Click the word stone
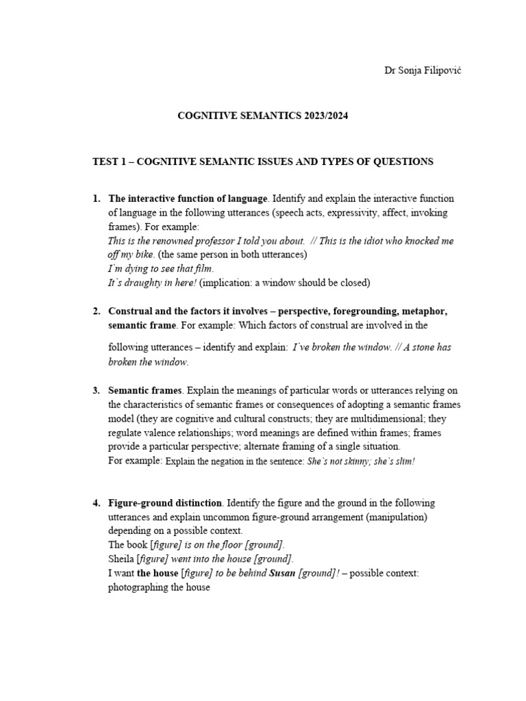pos(418,347)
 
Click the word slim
pos(404,461)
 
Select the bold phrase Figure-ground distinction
pos(165,503)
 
